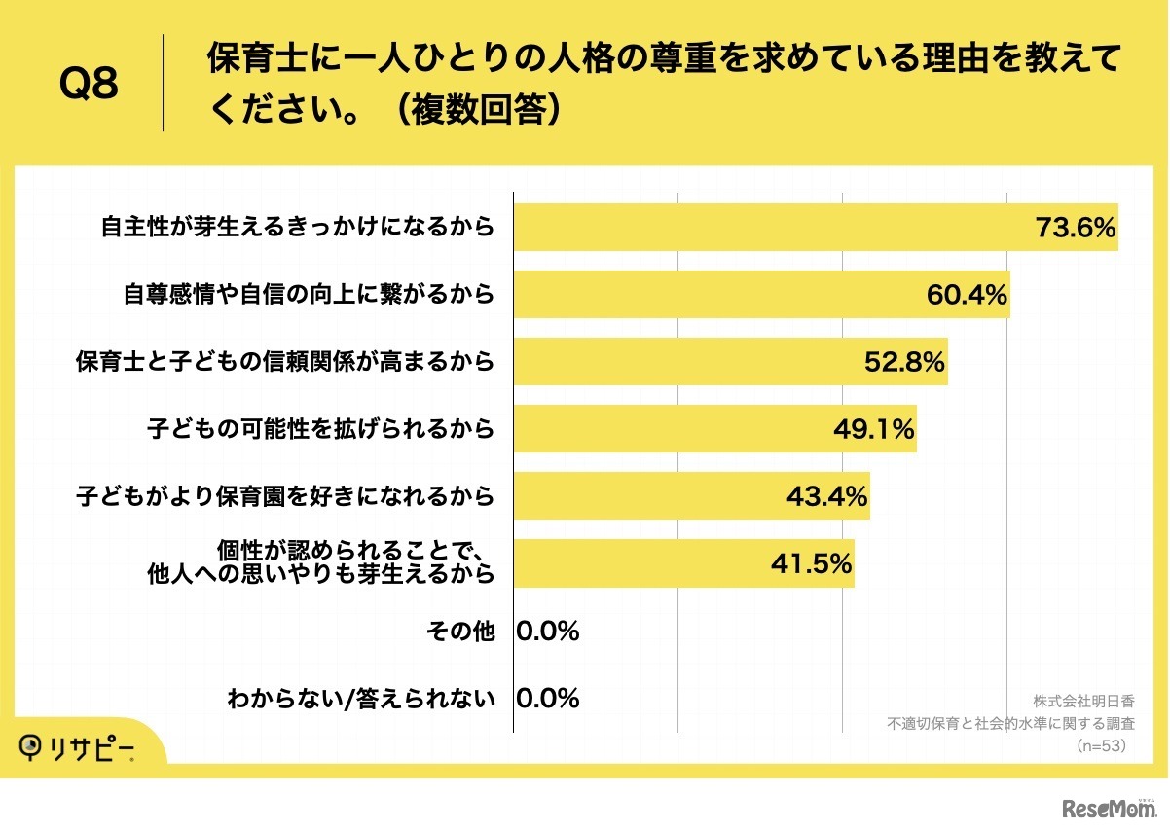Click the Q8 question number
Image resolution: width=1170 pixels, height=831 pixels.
pyautogui.click(x=89, y=84)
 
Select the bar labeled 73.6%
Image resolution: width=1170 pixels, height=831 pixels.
pyautogui.click(x=816, y=228)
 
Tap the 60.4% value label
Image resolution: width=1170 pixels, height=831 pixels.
pyautogui.click(x=966, y=295)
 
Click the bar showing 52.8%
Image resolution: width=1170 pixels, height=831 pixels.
pyautogui.click(x=730, y=362)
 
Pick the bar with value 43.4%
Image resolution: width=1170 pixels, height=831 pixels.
pyautogui.click(x=691, y=496)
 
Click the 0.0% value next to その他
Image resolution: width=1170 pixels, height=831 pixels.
pyautogui.click(x=548, y=632)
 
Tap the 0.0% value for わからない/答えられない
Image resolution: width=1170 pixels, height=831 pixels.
pyautogui.click(x=548, y=698)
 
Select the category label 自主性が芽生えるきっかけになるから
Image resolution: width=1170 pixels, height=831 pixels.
pyautogui.click(x=298, y=228)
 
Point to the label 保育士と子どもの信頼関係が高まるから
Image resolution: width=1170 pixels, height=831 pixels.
pyautogui.click(x=285, y=362)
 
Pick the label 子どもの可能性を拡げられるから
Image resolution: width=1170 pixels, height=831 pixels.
pyautogui.click(x=321, y=429)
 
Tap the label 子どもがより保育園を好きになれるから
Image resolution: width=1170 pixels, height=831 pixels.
pyautogui.click(x=285, y=496)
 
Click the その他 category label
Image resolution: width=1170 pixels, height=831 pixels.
pyautogui.click(x=460, y=632)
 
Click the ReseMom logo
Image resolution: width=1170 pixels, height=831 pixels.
pyautogui.click(x=1109, y=808)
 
